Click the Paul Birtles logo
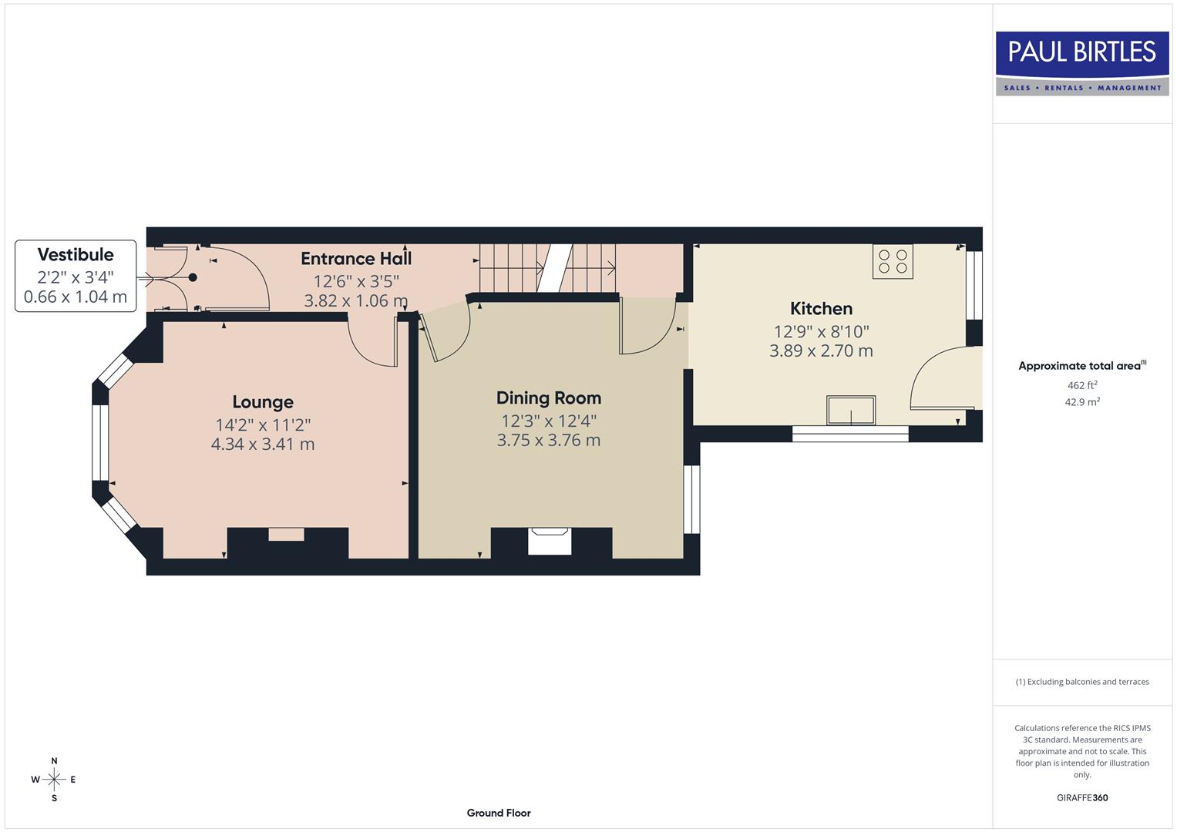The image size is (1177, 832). (x=1081, y=63)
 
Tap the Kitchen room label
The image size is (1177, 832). (x=821, y=309)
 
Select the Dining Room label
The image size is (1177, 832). (x=548, y=398)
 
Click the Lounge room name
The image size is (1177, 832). (x=263, y=402)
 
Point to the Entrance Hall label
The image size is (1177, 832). (x=356, y=259)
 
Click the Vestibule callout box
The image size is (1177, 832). (x=76, y=276)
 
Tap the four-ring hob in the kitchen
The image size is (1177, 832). (x=893, y=261)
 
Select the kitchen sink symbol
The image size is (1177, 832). (x=851, y=411)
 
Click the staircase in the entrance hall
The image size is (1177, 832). (x=548, y=268)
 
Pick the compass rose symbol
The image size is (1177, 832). (x=54, y=780)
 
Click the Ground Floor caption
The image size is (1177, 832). (x=499, y=813)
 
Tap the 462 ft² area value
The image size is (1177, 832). (x=1081, y=385)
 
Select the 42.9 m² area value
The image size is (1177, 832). (x=1081, y=402)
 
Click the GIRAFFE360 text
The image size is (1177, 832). (x=1081, y=798)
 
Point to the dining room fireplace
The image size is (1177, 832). (x=550, y=542)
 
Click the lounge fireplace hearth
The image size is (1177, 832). (x=286, y=535)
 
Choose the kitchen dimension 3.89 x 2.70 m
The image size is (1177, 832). (x=821, y=351)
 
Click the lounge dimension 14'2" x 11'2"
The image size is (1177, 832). (x=263, y=425)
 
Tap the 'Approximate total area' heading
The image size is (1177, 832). (x=1081, y=366)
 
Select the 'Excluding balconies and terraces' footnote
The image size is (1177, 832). (x=1081, y=682)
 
